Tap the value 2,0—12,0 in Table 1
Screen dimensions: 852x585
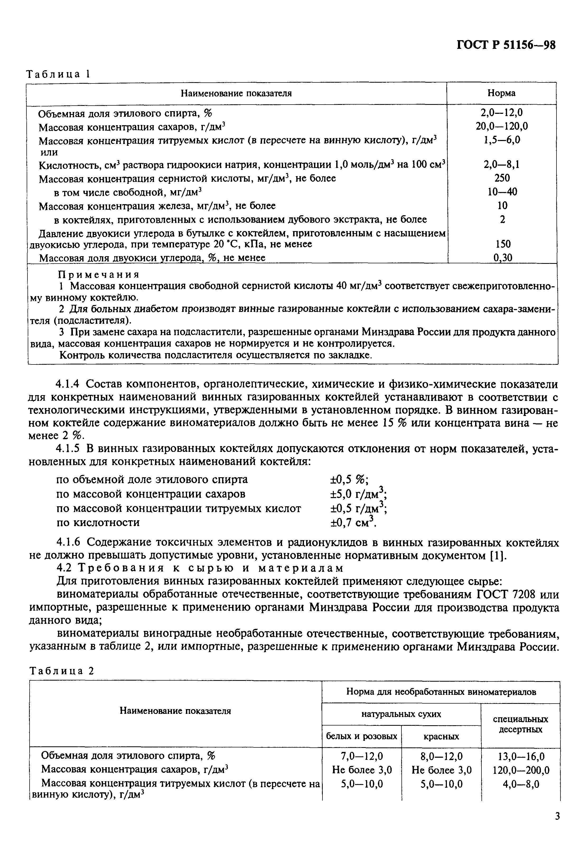coord(502,113)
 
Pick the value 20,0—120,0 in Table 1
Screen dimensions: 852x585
coord(502,127)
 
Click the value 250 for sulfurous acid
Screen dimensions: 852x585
coord(502,178)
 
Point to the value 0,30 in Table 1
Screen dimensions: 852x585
coord(502,258)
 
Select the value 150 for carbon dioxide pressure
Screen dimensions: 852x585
coord(502,244)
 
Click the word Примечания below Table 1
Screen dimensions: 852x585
coord(99,275)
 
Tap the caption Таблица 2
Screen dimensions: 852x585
coord(62,671)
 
